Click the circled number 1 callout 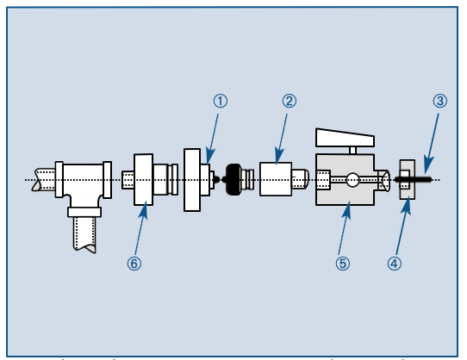[221, 101]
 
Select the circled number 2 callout [290, 101]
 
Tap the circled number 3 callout [439, 101]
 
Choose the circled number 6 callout [134, 264]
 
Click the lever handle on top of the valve [346, 137]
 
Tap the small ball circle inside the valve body [352, 180]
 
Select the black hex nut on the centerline [233, 179]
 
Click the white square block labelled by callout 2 [276, 179]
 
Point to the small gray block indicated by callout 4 [408, 180]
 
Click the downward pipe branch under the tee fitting [84, 231]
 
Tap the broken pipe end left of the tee [43, 180]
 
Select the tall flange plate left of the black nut [190, 179]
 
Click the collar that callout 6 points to [144, 179]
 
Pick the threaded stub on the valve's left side [323, 180]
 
